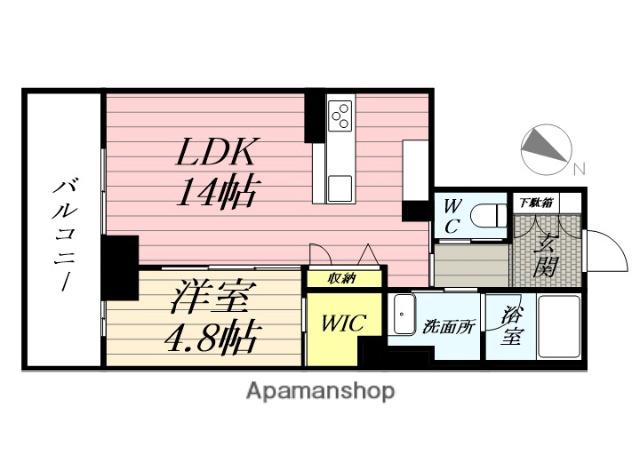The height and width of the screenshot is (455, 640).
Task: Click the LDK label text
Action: click(218, 152)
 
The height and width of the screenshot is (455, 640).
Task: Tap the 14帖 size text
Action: click(218, 191)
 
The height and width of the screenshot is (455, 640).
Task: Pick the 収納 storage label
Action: click(342, 279)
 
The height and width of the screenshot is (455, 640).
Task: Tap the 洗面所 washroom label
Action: click(449, 326)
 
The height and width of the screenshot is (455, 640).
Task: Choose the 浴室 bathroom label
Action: click(512, 326)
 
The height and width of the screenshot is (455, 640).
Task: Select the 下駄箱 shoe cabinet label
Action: click(536, 202)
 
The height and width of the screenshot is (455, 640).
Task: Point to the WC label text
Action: click(452, 216)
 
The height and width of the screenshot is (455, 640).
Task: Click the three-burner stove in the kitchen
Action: click(340, 115)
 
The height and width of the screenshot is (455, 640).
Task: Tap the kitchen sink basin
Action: click(340, 189)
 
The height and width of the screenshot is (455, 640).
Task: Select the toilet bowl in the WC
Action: click(488, 216)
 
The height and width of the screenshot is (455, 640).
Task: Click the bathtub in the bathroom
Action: click(559, 326)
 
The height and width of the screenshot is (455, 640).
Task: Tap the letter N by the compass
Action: click(579, 169)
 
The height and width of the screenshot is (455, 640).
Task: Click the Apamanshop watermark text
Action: click(320, 391)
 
